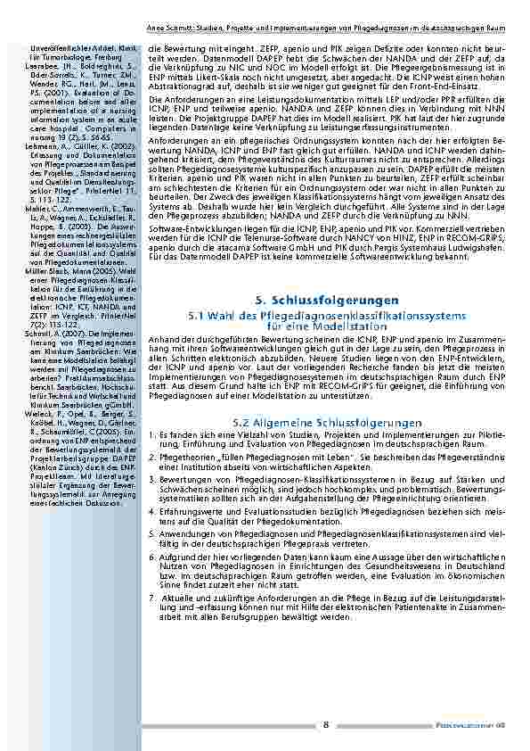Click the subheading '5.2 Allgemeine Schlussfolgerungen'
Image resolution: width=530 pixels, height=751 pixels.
coord(326,421)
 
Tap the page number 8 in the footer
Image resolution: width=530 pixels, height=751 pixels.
coord(326,724)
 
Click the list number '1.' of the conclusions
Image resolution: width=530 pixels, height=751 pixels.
coord(151,434)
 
